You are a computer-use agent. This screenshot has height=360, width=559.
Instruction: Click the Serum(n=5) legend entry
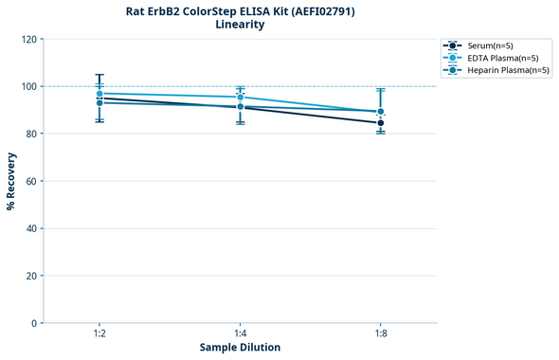[490, 45]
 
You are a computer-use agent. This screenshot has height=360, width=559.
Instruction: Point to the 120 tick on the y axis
[30, 39]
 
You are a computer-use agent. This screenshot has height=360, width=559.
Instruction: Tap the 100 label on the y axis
[30, 86]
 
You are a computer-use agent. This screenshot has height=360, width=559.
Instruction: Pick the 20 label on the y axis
[32, 276]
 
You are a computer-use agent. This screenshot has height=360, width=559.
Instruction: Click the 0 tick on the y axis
[35, 323]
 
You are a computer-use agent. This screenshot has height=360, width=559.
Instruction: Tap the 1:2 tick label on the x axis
[99, 334]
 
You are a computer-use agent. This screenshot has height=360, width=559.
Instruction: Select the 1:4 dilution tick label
[240, 334]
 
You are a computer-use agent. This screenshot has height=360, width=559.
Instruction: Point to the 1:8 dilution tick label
[380, 334]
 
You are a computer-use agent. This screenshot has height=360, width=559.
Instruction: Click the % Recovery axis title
[11, 181]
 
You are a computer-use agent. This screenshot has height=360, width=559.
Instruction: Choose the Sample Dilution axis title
[240, 348]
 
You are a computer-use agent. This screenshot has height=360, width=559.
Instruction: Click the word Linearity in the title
[240, 25]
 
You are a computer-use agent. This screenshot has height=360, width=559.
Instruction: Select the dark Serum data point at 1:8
[380, 123]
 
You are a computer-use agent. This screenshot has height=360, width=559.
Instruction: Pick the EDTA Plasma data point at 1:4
[240, 97]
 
